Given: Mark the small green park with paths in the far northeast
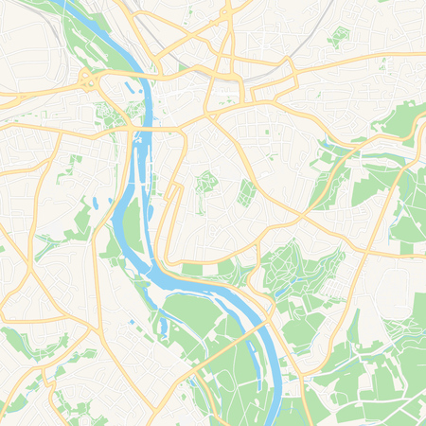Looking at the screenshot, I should click(338, 37).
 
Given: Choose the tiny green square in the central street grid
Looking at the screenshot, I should click(271, 156).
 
